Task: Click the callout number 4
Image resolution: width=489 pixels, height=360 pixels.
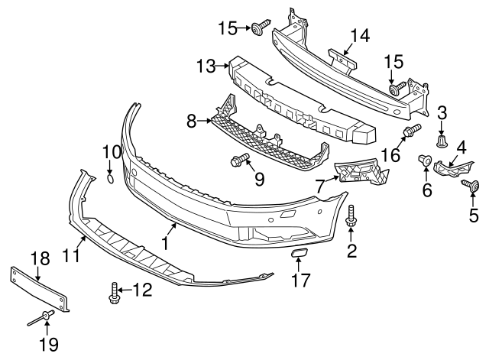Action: [x=461, y=146]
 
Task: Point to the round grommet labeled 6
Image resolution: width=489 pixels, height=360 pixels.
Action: [x=422, y=161]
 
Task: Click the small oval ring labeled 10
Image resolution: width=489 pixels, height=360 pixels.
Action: [x=110, y=179]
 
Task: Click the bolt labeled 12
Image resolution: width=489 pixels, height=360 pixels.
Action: [x=114, y=290]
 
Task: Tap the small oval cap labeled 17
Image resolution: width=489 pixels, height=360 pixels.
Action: [x=298, y=252]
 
